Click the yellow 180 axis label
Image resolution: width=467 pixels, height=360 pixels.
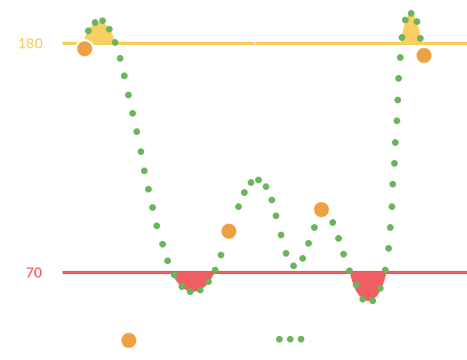click(x=30, y=43)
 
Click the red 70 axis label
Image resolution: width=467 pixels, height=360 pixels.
click(x=34, y=272)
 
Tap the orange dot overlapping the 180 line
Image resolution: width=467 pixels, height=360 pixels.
click(x=84, y=48)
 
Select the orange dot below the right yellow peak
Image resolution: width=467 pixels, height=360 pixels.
click(x=424, y=55)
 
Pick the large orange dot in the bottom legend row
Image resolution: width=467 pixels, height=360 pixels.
click(x=128, y=340)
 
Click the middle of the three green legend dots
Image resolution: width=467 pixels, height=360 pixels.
click(x=290, y=339)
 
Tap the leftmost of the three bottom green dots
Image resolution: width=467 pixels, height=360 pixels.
click(x=279, y=339)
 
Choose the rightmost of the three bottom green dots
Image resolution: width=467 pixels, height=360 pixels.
click(x=301, y=339)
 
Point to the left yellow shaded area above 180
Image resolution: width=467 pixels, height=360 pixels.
click(x=99, y=35)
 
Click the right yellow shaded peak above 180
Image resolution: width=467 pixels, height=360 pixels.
click(x=411, y=31)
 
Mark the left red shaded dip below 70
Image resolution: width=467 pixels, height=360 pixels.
click(x=193, y=280)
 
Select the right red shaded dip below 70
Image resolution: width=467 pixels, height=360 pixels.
click(x=369, y=284)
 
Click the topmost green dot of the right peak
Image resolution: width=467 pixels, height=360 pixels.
click(x=411, y=13)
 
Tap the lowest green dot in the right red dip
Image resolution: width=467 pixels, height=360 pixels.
click(x=373, y=301)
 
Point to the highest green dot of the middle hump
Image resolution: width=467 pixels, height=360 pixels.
click(x=259, y=180)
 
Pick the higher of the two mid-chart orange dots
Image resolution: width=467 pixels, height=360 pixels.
click(x=321, y=209)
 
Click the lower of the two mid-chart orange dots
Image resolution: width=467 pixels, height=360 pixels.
click(x=228, y=231)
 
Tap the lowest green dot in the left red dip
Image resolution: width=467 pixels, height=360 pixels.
click(x=190, y=292)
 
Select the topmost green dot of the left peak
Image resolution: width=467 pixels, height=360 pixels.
click(x=103, y=21)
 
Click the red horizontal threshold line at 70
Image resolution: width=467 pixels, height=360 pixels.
click(x=265, y=272)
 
